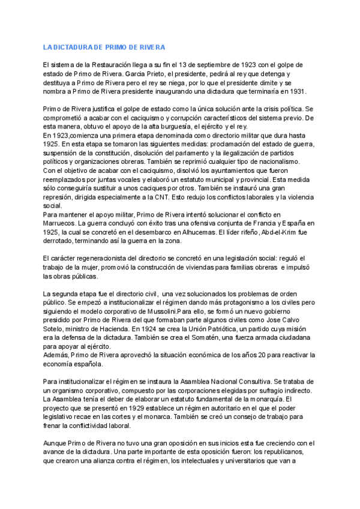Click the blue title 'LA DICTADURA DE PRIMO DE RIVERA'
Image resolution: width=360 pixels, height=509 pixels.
(104, 47)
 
